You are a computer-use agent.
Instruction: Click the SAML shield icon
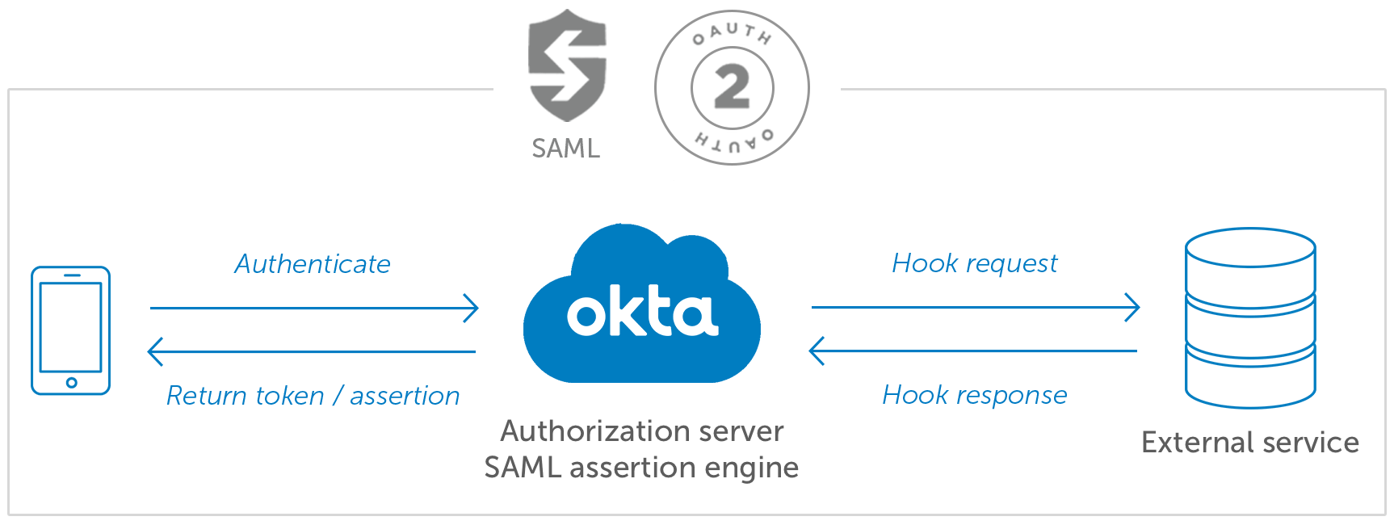(567, 65)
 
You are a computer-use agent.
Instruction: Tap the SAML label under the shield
(566, 149)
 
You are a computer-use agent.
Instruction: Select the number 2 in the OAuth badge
(732, 87)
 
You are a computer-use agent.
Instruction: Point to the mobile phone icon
(70, 330)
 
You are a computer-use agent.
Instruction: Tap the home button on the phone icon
(71, 382)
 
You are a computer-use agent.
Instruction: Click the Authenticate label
(313, 264)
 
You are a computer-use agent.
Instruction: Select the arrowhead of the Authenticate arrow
(472, 308)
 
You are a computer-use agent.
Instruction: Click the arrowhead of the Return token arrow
(156, 351)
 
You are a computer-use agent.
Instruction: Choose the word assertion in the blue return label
(405, 396)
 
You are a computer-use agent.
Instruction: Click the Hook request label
(975, 263)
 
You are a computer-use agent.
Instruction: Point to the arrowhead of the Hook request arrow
(1132, 307)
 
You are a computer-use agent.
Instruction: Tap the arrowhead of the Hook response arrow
(817, 351)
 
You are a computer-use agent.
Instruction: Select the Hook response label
(975, 395)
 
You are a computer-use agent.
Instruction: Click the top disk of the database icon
(1250, 247)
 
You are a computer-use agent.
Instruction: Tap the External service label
(1250, 443)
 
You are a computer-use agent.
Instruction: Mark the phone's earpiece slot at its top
(71, 275)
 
